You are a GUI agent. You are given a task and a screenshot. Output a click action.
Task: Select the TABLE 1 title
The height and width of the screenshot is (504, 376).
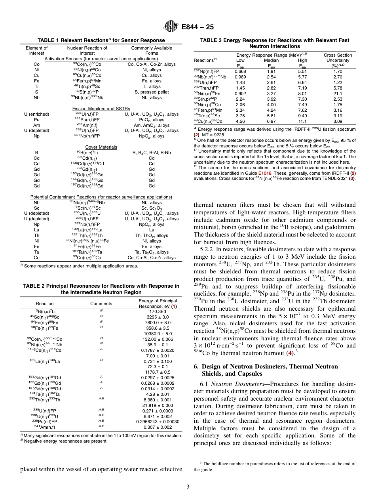tap(101, 40)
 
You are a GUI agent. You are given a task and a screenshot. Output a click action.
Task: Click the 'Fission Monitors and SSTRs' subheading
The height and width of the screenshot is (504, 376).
tap(101, 109)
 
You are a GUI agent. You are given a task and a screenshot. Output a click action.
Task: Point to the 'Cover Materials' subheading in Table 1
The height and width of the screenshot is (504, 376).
tap(101, 147)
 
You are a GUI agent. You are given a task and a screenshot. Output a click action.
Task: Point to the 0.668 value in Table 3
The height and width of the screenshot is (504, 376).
tap(240, 71)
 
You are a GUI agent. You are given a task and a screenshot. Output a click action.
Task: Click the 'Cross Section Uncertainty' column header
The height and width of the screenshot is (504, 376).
tap(338, 60)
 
